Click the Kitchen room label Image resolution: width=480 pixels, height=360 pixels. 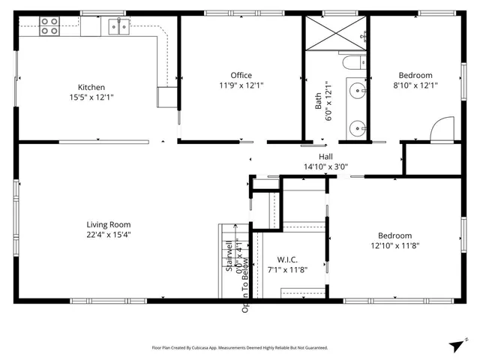tap(91, 87)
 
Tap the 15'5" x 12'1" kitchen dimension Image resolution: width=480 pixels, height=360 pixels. tap(91, 97)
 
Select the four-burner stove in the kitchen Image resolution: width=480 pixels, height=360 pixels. tap(49, 26)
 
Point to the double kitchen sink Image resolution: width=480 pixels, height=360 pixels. tap(118, 27)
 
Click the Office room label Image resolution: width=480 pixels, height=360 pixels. tap(241, 75)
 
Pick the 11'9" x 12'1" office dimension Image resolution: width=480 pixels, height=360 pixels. tap(241, 85)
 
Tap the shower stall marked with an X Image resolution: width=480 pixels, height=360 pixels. tap(335, 33)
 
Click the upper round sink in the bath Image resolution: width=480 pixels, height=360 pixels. tap(356, 92)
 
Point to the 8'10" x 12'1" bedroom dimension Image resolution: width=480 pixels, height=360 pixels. tap(415, 85)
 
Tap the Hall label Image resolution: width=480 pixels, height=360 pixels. tap(325, 157)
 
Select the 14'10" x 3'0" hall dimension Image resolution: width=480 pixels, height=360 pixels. tap(325, 166)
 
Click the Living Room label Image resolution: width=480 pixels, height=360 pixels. tap(109, 224)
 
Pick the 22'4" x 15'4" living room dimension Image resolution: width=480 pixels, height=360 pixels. tap(109, 235)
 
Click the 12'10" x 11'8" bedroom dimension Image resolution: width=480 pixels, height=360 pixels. tap(394, 245)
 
